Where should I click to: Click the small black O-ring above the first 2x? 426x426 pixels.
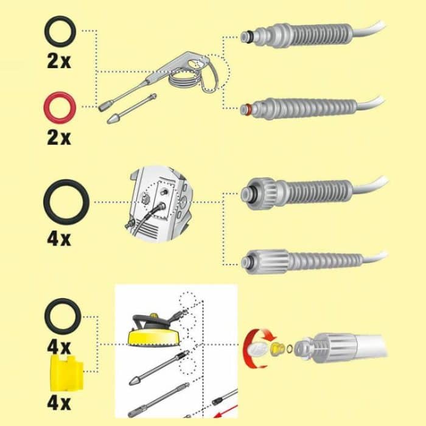[x=60, y=31]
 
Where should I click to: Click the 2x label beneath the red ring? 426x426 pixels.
[x=59, y=137]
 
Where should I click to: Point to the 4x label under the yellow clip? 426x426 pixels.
[x=59, y=403]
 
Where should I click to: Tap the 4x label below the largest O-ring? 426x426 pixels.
[x=59, y=237]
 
